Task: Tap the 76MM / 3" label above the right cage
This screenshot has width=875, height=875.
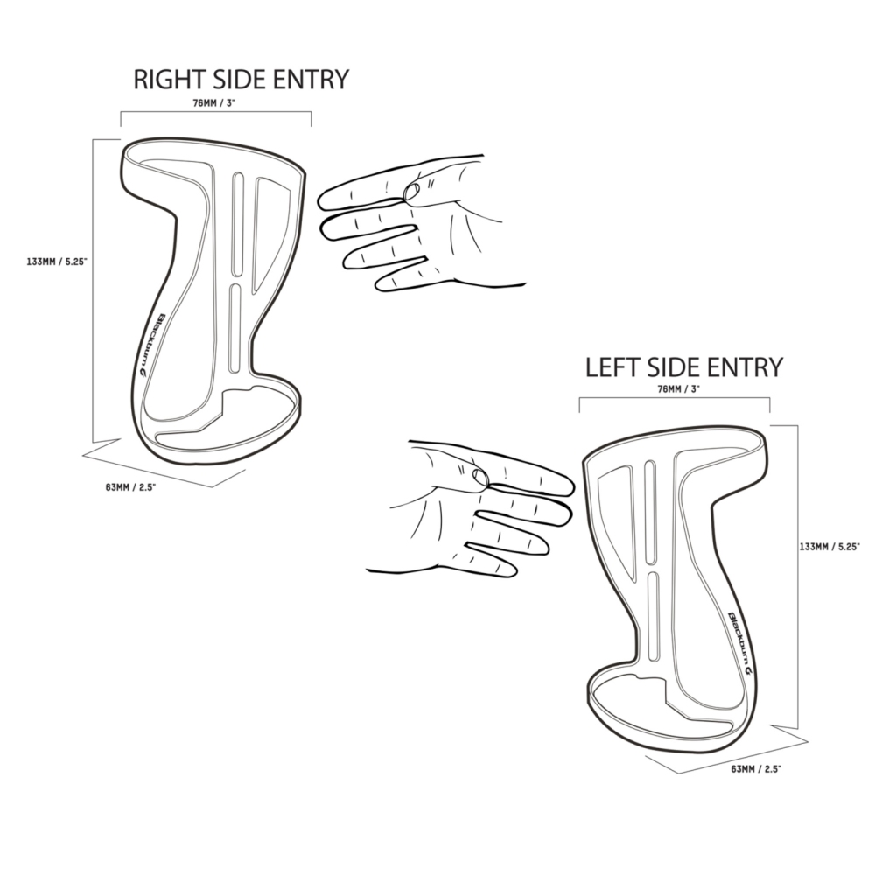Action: coord(679,389)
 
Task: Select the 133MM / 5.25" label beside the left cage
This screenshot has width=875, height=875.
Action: coord(57,261)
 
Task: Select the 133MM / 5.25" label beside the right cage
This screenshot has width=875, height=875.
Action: coord(829,547)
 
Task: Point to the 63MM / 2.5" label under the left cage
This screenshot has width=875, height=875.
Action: coord(130,487)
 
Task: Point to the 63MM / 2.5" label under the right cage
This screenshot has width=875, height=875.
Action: coord(756,769)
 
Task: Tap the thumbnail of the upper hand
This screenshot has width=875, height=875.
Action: coord(411,191)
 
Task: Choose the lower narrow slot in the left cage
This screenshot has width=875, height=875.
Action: coord(234,328)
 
